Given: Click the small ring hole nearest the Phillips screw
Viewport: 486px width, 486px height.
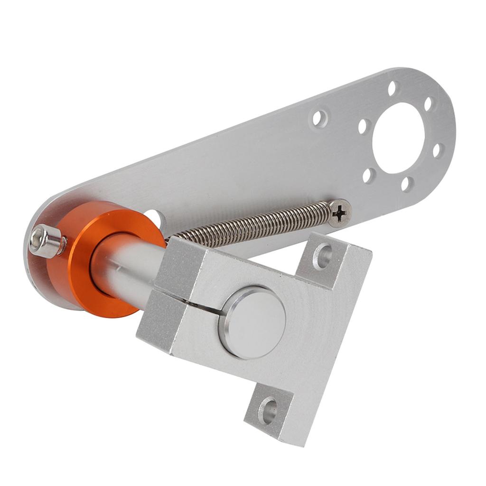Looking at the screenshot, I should (x=368, y=176).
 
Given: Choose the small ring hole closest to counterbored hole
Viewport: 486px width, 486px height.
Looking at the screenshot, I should (x=364, y=126).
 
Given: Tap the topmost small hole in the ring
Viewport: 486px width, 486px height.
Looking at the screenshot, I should (x=393, y=88).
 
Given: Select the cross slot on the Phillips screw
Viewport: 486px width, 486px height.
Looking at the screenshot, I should (x=339, y=213).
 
